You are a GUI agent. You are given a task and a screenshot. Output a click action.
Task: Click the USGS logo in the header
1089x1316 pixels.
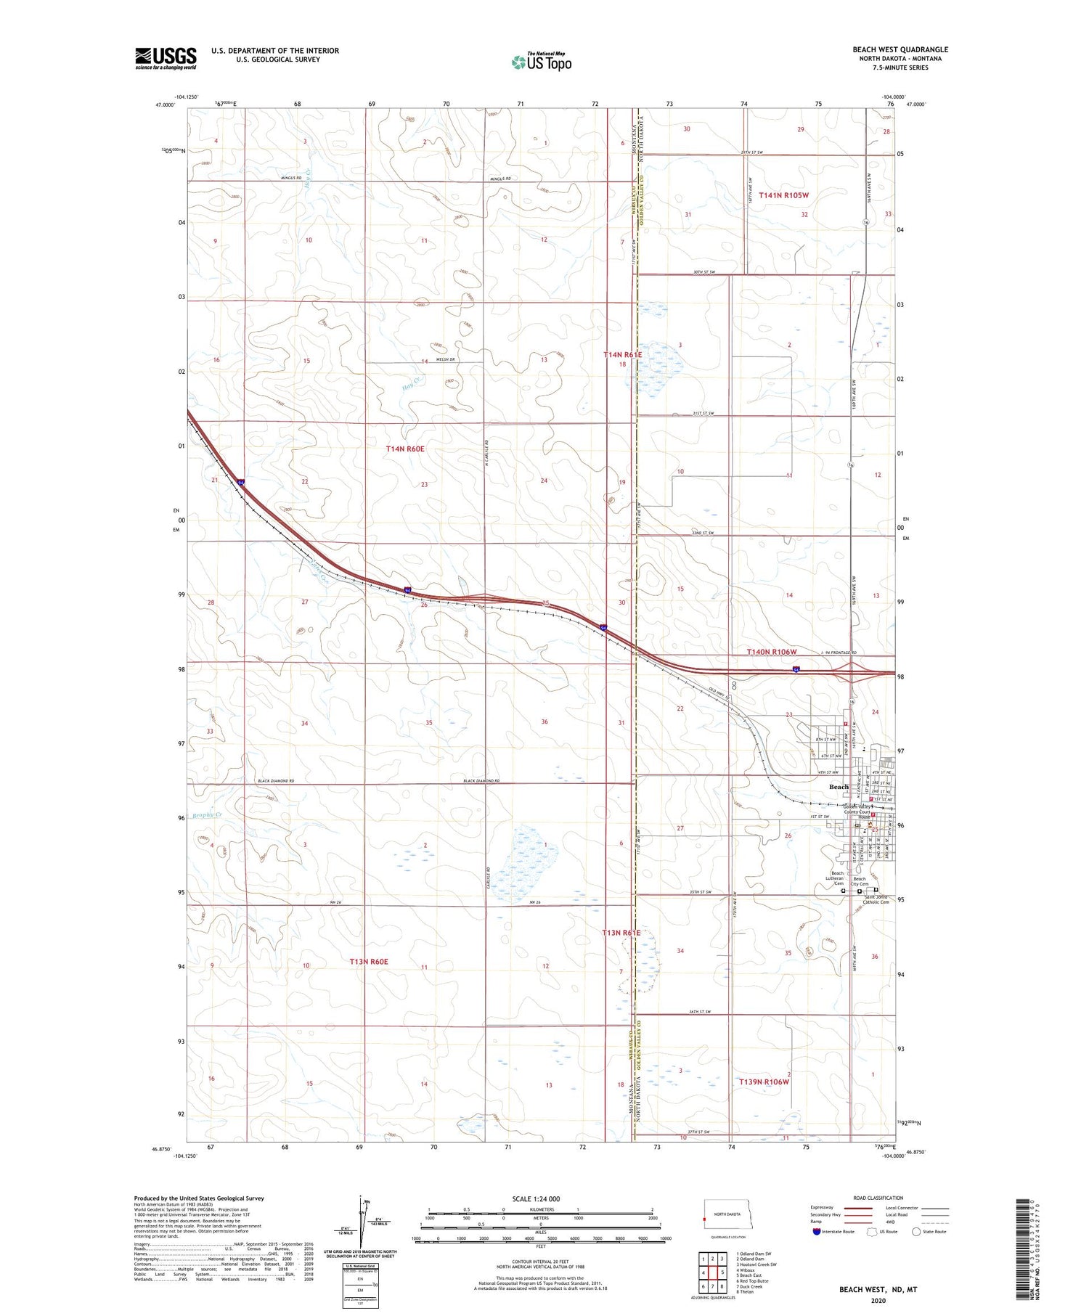(166, 58)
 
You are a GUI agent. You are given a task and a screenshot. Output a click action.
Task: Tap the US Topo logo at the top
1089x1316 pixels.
(542, 62)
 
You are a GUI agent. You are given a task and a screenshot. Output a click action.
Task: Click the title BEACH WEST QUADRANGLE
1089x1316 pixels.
(900, 50)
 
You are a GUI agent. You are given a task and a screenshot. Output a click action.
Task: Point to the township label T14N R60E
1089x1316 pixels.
(405, 449)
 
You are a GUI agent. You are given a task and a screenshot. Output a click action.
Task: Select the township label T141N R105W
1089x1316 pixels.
(783, 195)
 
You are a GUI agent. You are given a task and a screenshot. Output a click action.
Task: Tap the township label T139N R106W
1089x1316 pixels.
(764, 1082)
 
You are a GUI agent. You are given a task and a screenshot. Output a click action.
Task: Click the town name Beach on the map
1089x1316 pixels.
(839, 787)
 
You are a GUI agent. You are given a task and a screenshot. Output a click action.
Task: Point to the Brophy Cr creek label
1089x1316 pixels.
(207, 815)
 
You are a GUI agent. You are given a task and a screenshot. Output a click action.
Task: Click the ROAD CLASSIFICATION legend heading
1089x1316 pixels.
(878, 1198)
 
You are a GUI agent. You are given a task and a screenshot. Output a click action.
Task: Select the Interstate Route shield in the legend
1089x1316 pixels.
(817, 1232)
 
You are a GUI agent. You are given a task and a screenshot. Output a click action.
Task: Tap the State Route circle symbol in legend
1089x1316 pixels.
(916, 1232)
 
